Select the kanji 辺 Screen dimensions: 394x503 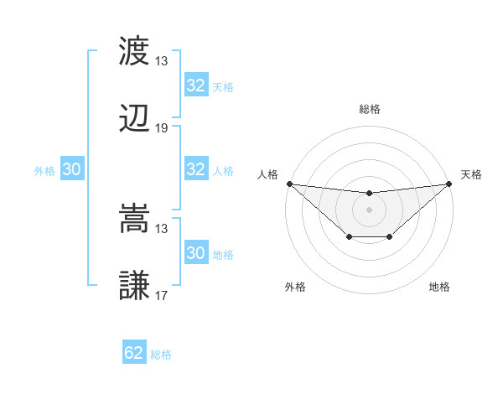(135, 120)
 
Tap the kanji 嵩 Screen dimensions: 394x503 (135, 220)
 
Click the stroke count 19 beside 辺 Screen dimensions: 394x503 (162, 128)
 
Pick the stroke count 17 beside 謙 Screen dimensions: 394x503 (162, 296)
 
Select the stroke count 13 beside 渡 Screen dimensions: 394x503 (162, 61)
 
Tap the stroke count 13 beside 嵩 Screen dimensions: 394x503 (162, 228)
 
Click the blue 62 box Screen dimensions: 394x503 (134, 353)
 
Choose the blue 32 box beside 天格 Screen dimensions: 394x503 (196, 86)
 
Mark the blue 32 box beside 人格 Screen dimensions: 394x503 (196, 169)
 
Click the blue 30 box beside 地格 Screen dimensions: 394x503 (196, 253)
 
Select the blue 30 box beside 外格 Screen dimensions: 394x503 (72, 169)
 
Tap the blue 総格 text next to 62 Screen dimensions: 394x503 (161, 355)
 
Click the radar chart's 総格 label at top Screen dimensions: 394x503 (369, 109)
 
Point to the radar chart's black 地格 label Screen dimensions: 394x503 (439, 288)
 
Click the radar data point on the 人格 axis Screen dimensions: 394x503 (289, 184)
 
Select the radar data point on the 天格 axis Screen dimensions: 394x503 (449, 184)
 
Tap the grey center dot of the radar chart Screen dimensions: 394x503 (369, 210)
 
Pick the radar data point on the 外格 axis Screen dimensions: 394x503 (348, 238)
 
